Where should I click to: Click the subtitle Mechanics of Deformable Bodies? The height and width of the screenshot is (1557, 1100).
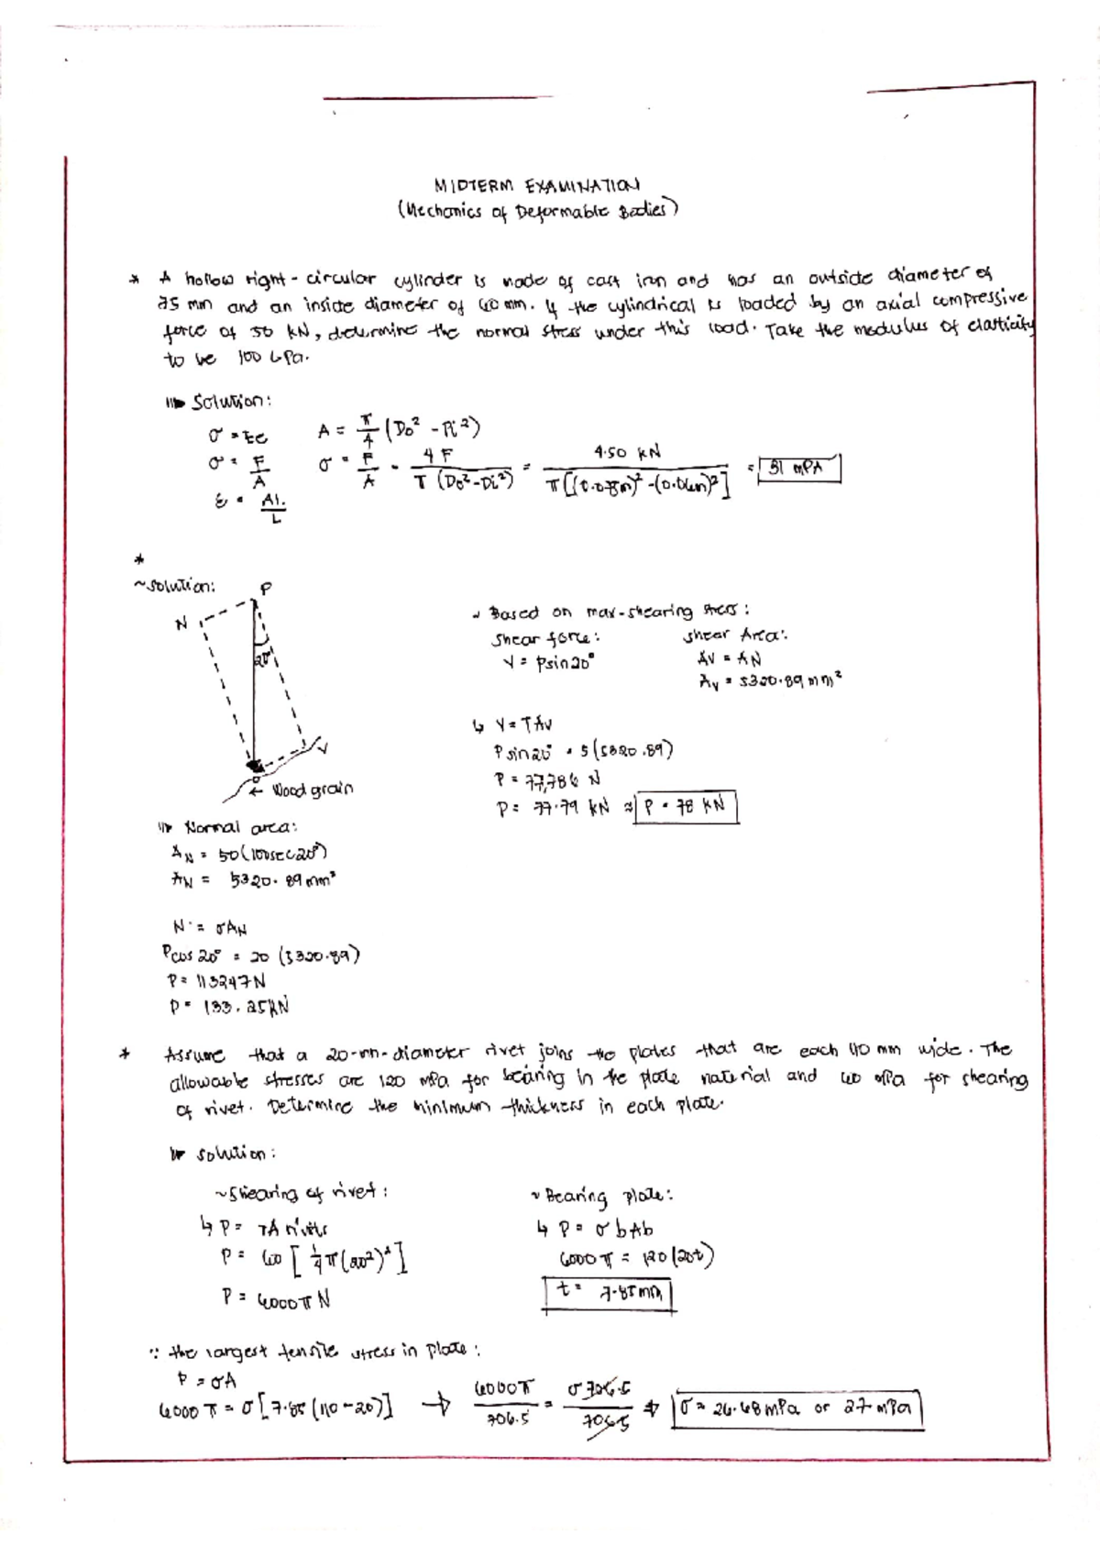(x=538, y=211)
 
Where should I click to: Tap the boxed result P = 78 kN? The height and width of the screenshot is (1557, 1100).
(x=686, y=807)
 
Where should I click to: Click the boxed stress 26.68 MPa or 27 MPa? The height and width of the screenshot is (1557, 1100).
(x=797, y=1409)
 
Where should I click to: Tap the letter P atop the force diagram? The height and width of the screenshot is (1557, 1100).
(x=266, y=589)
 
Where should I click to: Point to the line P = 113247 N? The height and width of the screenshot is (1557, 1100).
(x=216, y=980)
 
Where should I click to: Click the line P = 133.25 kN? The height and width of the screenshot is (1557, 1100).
(x=229, y=1006)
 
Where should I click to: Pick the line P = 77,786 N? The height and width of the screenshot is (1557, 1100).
(x=547, y=780)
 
